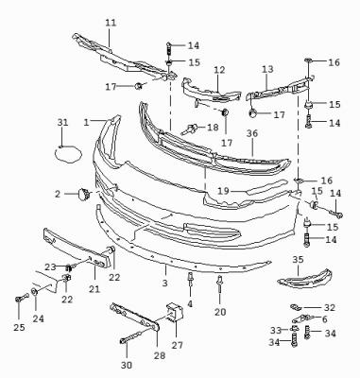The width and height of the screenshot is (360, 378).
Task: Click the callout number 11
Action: click(x=111, y=23)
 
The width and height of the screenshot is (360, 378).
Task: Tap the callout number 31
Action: click(x=62, y=122)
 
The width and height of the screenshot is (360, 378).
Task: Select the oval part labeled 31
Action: click(x=68, y=154)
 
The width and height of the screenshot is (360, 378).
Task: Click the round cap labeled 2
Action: click(x=84, y=194)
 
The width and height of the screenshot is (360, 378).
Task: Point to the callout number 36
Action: click(x=252, y=133)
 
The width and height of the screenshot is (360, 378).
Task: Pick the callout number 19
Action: click(x=223, y=191)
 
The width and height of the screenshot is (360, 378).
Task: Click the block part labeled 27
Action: click(x=175, y=312)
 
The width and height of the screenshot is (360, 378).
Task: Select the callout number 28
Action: click(x=160, y=355)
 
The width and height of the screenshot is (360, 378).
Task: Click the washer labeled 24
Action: click(x=35, y=292)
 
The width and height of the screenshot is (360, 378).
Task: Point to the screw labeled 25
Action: click(x=22, y=297)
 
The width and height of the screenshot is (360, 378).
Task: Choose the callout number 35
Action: click(x=298, y=260)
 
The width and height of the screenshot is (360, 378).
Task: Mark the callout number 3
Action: click(x=165, y=283)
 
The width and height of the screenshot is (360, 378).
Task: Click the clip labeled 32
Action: click(x=296, y=307)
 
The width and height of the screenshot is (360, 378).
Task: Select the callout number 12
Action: click(x=219, y=70)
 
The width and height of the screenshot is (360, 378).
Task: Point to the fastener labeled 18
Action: click(x=190, y=129)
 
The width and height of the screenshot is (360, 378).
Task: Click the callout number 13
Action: click(x=267, y=69)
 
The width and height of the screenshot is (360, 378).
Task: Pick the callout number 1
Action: click(x=87, y=122)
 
